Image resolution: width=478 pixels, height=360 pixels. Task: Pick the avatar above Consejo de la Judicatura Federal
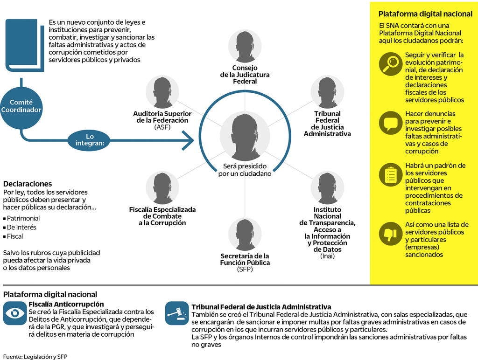point(245,47)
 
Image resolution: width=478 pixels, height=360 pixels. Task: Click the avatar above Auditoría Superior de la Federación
point(162,92)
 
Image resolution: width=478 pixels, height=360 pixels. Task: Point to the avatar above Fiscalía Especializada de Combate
point(162,188)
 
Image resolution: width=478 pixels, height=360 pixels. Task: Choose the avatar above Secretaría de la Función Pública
point(245,235)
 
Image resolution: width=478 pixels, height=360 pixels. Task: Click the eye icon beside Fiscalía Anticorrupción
point(15,313)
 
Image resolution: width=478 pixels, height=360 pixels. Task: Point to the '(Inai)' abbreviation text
point(327,256)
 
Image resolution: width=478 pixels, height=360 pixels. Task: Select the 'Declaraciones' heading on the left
point(28,184)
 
